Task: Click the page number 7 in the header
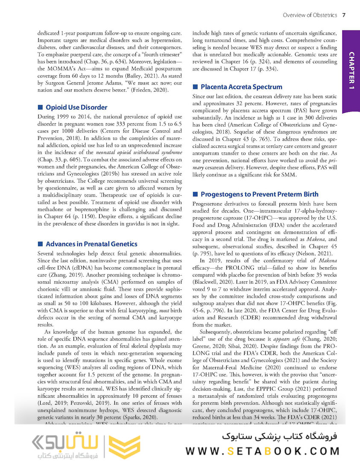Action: pyautogui.click(x=344, y=15)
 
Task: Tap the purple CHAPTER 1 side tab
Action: pyautogui.click(x=352, y=70)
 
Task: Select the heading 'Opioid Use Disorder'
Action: pyautogui.click(x=76, y=107)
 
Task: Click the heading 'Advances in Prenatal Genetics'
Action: pyautogui.click(x=91, y=244)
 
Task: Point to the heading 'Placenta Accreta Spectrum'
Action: pyautogui.click(x=241, y=87)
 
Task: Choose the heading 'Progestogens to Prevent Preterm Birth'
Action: pyautogui.click(x=260, y=194)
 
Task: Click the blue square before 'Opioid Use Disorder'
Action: pyautogui.click(x=41, y=107)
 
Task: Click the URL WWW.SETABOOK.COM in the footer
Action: pyautogui.click(x=262, y=451)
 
